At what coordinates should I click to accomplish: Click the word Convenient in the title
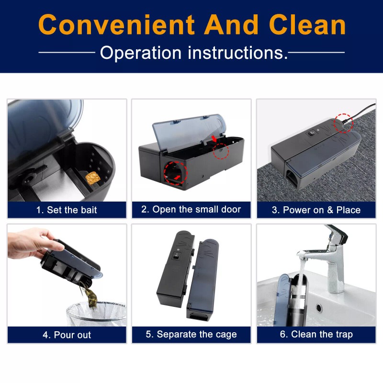point(116,25)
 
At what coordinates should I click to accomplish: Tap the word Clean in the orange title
point(307,24)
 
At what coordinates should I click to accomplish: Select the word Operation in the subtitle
point(141,53)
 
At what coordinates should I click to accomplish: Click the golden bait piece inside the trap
point(92,178)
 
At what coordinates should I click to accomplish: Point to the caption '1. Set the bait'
point(67,210)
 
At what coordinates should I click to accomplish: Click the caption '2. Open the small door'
point(191,209)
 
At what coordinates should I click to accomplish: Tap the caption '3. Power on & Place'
point(316,210)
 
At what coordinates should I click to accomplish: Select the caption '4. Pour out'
point(67,335)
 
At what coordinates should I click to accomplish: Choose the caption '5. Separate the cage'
point(191,334)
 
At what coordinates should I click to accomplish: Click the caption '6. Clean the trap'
point(316,334)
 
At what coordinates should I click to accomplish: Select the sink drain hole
point(319,307)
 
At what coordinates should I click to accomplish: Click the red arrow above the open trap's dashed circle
point(214,139)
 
